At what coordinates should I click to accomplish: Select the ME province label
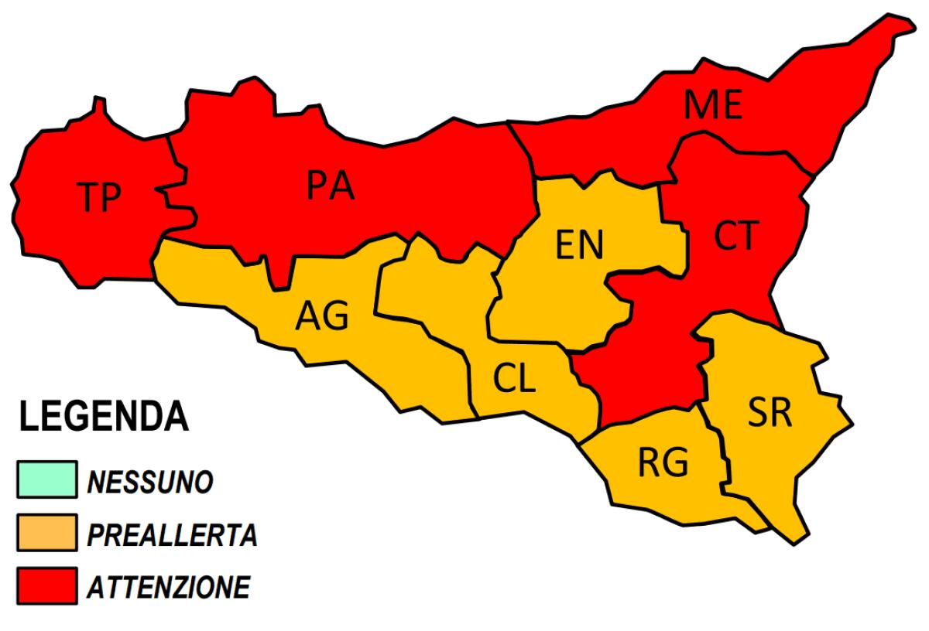(x=713, y=105)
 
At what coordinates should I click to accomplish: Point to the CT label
(x=734, y=236)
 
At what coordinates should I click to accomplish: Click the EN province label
(x=579, y=245)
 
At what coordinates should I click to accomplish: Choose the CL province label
(x=514, y=379)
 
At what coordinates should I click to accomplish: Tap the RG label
(x=663, y=463)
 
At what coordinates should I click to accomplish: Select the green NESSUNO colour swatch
(x=45, y=479)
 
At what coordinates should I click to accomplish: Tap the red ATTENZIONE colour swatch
(x=45, y=585)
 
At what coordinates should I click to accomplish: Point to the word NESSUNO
(x=150, y=482)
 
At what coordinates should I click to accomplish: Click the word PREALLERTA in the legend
(x=172, y=534)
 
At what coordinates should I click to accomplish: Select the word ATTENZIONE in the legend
(x=168, y=587)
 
